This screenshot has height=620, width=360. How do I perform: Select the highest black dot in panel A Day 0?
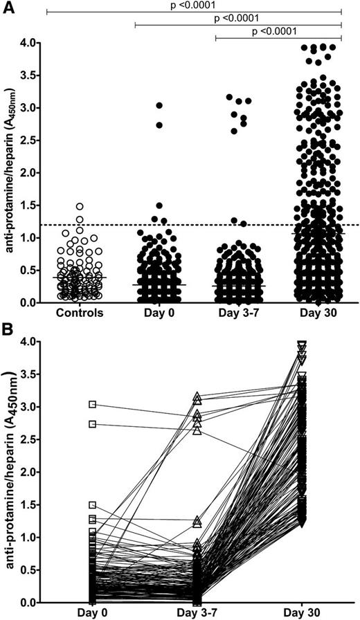point(159,106)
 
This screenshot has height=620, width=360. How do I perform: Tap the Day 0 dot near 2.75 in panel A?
point(159,125)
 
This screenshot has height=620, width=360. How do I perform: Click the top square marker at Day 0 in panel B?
point(93,404)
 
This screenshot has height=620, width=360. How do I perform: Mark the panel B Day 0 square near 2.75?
point(93,424)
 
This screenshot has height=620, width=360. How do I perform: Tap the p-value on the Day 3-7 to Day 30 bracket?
point(278,30)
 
